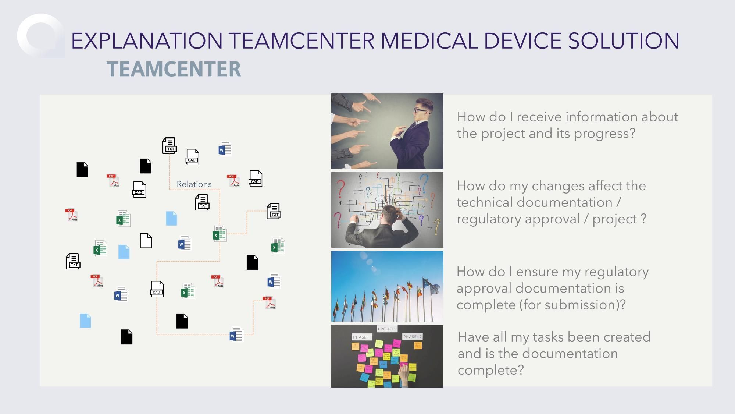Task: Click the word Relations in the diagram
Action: [x=194, y=184]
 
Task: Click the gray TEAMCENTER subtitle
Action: [x=174, y=69]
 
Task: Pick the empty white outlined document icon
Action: [x=146, y=241]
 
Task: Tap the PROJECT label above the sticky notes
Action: [x=387, y=329]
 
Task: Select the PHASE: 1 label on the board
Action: [x=362, y=337]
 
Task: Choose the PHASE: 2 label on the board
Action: [x=413, y=336]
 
